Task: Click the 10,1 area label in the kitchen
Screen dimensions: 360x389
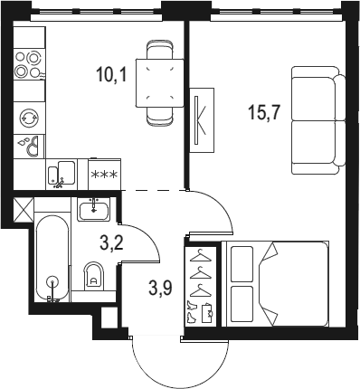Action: (x=111, y=75)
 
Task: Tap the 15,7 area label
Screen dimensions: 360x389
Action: (x=264, y=113)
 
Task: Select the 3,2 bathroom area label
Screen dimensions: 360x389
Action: (x=112, y=242)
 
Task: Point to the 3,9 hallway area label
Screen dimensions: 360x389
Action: (x=160, y=287)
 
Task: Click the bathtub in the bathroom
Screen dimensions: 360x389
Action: (x=52, y=258)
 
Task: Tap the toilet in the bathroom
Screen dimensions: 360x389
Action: (x=94, y=277)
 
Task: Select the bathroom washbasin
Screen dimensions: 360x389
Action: (x=94, y=210)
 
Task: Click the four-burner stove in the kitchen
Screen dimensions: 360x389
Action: (x=29, y=64)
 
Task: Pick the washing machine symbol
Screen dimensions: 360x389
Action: (x=29, y=118)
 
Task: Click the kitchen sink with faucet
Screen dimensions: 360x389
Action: (x=62, y=175)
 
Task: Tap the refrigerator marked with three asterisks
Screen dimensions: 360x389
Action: (x=104, y=175)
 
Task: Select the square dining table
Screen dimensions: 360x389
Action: (x=160, y=83)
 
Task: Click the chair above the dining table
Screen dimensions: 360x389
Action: (x=160, y=50)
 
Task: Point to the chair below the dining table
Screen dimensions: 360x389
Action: (x=160, y=116)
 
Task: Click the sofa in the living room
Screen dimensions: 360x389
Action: (x=318, y=120)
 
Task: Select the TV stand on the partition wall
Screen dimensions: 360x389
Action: (x=202, y=120)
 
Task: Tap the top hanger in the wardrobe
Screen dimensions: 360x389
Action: (x=200, y=256)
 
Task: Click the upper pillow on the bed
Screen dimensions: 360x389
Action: (x=242, y=264)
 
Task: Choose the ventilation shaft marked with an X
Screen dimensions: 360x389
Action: (x=24, y=209)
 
